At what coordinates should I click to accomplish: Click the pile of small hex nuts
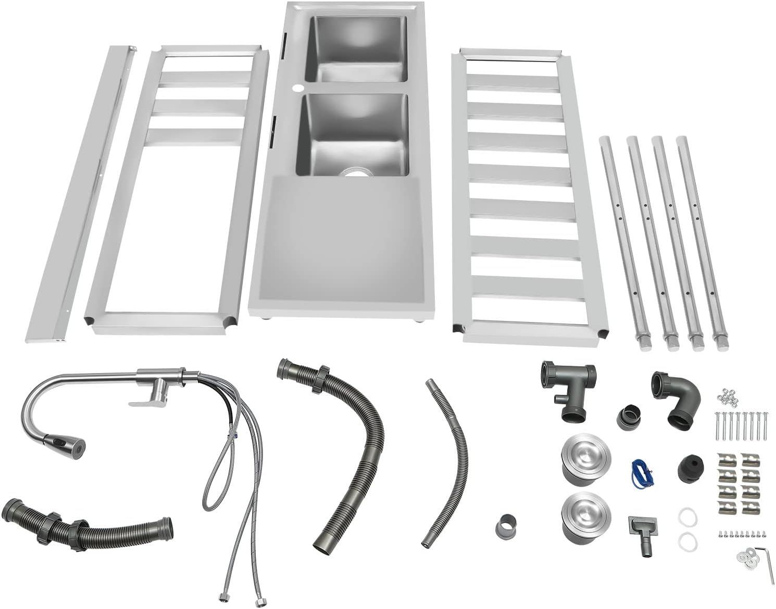tap(729, 397)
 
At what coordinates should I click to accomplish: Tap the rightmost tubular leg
tap(701, 240)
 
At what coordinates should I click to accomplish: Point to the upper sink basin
tap(356, 49)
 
